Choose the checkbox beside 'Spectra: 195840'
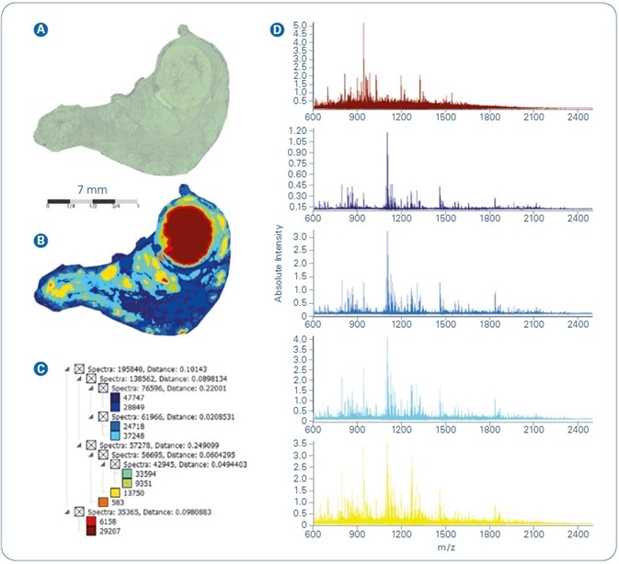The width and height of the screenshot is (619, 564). pyautogui.click(x=80, y=367)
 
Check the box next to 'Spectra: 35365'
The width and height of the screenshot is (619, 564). pyautogui.click(x=80, y=511)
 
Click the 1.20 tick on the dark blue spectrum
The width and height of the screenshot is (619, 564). pyautogui.click(x=296, y=131)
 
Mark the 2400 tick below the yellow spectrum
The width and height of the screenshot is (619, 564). pyautogui.click(x=578, y=534)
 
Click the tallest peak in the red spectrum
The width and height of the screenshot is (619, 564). pyautogui.click(x=363, y=26)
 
